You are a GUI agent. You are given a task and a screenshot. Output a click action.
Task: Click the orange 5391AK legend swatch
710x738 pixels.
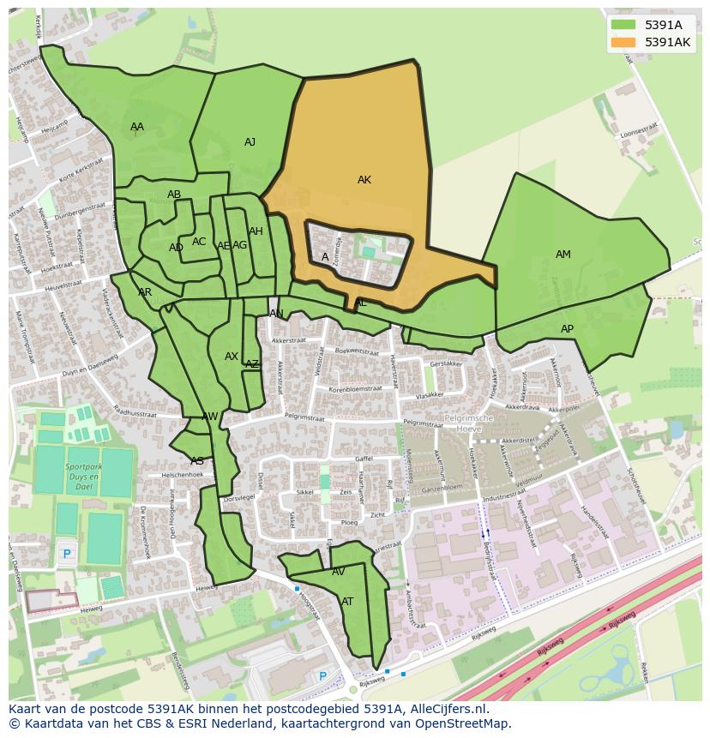623,42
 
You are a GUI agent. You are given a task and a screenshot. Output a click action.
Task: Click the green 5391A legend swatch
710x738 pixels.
623,25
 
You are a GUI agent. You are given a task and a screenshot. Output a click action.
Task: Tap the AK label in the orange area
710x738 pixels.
364,180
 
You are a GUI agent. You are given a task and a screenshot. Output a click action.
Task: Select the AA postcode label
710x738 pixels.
137,127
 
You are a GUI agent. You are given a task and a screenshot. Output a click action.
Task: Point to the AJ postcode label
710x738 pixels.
250,142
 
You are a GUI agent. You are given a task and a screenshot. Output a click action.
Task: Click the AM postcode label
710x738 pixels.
563,255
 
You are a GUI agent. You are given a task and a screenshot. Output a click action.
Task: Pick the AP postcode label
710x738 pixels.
567,329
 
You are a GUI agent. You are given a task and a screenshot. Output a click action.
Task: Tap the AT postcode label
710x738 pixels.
347,602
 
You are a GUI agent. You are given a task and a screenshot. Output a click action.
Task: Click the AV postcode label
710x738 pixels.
339,572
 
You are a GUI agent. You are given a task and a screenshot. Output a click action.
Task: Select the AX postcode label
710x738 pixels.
232,357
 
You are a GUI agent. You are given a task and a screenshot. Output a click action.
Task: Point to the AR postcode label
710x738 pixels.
145,292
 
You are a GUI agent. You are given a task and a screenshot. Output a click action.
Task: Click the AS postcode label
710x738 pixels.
197,461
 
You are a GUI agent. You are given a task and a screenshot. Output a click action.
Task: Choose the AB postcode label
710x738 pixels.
174,195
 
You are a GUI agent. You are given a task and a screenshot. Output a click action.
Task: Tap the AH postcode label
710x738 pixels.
256,231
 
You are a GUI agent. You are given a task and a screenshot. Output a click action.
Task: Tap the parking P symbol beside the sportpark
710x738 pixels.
67,555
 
